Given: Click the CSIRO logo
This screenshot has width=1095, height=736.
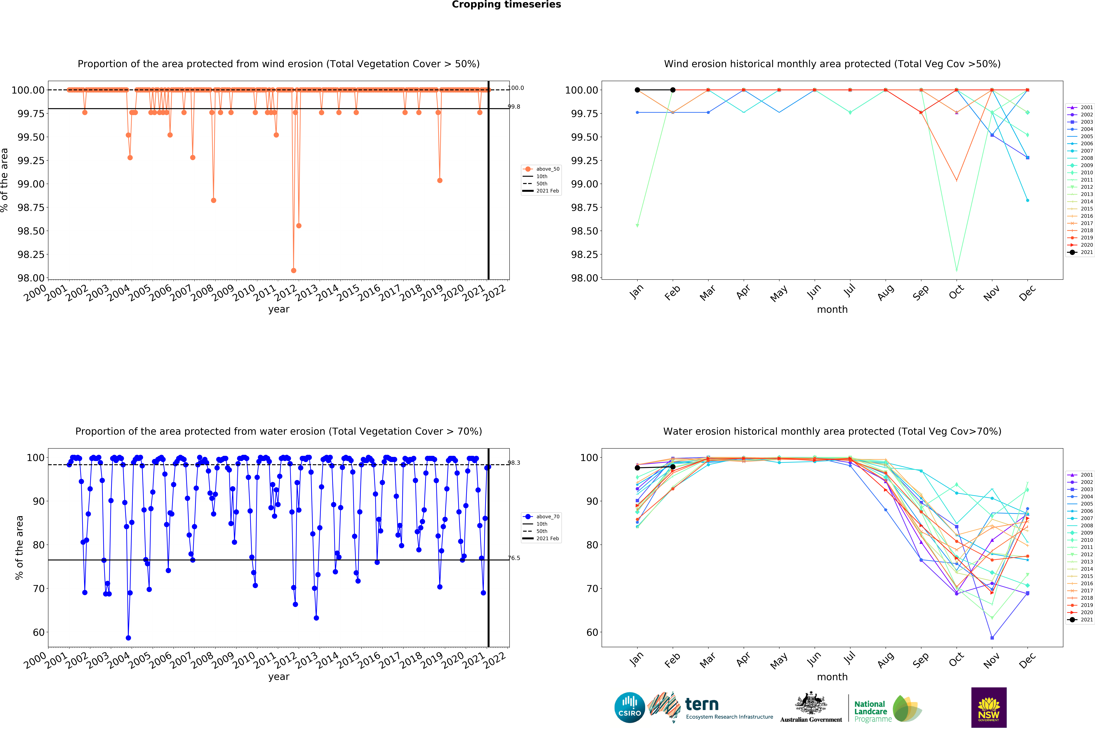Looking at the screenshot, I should [x=629, y=707].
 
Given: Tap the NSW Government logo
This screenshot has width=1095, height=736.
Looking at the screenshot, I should [x=988, y=707].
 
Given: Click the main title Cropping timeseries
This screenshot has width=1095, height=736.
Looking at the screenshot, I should [x=506, y=5].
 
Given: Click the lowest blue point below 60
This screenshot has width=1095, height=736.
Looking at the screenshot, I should [x=128, y=638].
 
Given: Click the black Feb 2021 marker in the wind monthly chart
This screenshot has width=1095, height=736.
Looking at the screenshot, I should [x=673, y=90].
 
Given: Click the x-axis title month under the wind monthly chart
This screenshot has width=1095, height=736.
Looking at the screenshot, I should [x=832, y=309].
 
